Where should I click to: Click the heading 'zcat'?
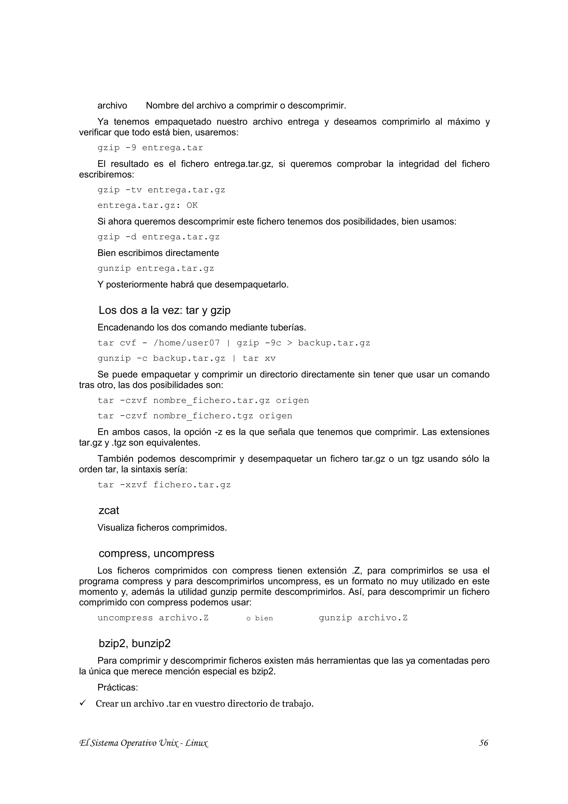tap(108, 510)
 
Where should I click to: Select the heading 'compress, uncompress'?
tap(156, 553)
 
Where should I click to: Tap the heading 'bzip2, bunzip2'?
tap(135, 643)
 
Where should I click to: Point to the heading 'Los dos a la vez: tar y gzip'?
tap(164, 310)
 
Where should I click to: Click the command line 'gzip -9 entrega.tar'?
tap(150, 148)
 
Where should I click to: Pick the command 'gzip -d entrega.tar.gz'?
tap(159, 237)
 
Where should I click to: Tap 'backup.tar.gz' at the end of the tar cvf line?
tap(334, 343)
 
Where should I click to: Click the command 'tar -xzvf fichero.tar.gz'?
tap(164, 485)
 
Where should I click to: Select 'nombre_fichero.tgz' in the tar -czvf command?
tap(203, 416)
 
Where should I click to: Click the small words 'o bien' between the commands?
tap(259, 618)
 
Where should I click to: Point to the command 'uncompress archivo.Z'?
tap(153, 618)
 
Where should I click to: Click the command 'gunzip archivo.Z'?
tap(363, 618)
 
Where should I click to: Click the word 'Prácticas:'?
tap(118, 687)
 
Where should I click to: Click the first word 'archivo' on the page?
tap(112, 105)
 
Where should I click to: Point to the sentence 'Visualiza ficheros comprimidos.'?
tap(162, 528)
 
